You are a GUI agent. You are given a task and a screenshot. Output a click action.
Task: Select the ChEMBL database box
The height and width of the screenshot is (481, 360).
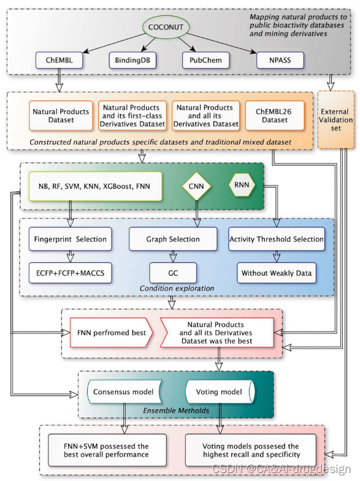coord(59,61)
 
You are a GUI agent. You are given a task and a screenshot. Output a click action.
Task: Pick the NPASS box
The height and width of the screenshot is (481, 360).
coord(279,61)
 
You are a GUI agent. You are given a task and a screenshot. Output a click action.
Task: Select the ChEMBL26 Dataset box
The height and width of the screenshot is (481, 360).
coord(275,116)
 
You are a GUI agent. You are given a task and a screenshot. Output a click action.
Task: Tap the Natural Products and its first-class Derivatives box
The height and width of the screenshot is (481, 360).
coord(132,116)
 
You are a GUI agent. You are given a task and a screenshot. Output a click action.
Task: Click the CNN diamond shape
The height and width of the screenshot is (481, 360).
coord(197,186)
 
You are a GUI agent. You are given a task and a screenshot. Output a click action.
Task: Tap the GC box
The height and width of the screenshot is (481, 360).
coord(173,273)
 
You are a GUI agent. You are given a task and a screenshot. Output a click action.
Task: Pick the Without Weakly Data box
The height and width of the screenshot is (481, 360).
coord(277,273)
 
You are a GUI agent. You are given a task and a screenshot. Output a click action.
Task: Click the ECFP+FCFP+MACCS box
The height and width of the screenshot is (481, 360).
coord(71,273)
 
